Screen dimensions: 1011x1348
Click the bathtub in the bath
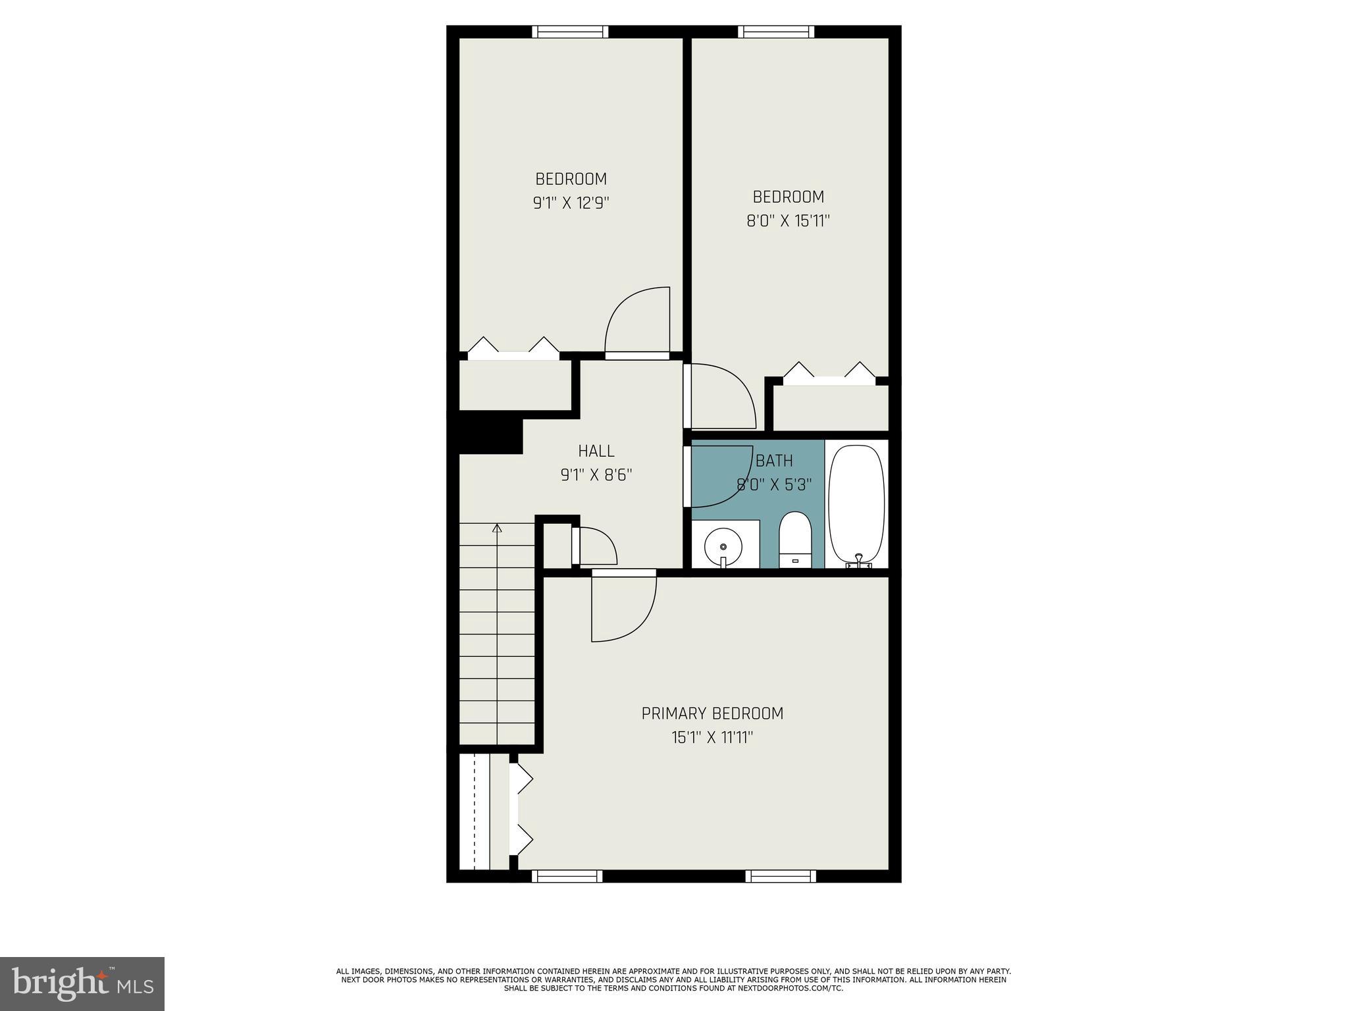click(856, 504)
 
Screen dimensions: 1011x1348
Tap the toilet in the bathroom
click(795, 540)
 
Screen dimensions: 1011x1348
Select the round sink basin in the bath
click(723, 546)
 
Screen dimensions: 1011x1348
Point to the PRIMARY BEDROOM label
click(712, 713)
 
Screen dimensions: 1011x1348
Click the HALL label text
click(596, 452)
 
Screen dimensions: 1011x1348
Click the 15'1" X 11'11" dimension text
click(712, 738)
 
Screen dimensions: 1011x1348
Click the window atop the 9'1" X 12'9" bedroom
click(570, 32)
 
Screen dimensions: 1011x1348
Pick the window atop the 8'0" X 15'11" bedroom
click(776, 32)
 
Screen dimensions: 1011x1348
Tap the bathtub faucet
click(858, 560)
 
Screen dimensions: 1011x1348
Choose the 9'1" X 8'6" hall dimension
click(596, 475)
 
